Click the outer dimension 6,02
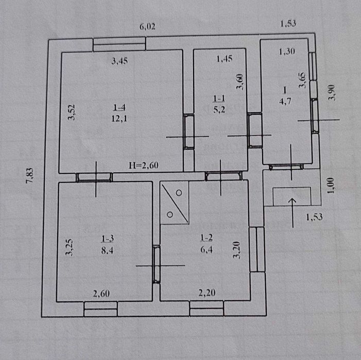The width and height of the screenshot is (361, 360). (x=147, y=27)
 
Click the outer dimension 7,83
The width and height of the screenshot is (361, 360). (x=30, y=176)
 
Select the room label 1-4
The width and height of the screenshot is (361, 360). (x=119, y=107)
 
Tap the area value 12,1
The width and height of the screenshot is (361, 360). (x=119, y=119)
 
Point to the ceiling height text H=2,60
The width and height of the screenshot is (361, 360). (x=144, y=165)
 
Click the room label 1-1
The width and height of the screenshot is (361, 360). (x=219, y=99)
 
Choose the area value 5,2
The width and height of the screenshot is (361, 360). (x=219, y=110)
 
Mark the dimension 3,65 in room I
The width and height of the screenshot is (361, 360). (x=302, y=80)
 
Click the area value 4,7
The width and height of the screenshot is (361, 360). (x=285, y=101)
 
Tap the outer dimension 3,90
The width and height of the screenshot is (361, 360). (x=332, y=93)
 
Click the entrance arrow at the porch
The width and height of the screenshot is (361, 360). (x=293, y=213)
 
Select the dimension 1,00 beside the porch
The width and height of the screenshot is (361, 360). (x=331, y=185)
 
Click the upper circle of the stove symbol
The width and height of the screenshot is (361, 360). (x=179, y=193)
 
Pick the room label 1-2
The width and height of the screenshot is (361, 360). (x=207, y=238)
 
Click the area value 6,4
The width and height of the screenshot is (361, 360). (x=207, y=249)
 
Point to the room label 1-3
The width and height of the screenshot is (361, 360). (x=108, y=239)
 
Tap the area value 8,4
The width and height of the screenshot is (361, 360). (x=107, y=250)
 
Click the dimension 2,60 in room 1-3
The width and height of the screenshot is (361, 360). (x=101, y=294)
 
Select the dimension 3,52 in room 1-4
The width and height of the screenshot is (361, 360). (x=72, y=112)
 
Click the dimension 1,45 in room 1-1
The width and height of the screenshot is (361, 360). (x=225, y=59)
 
